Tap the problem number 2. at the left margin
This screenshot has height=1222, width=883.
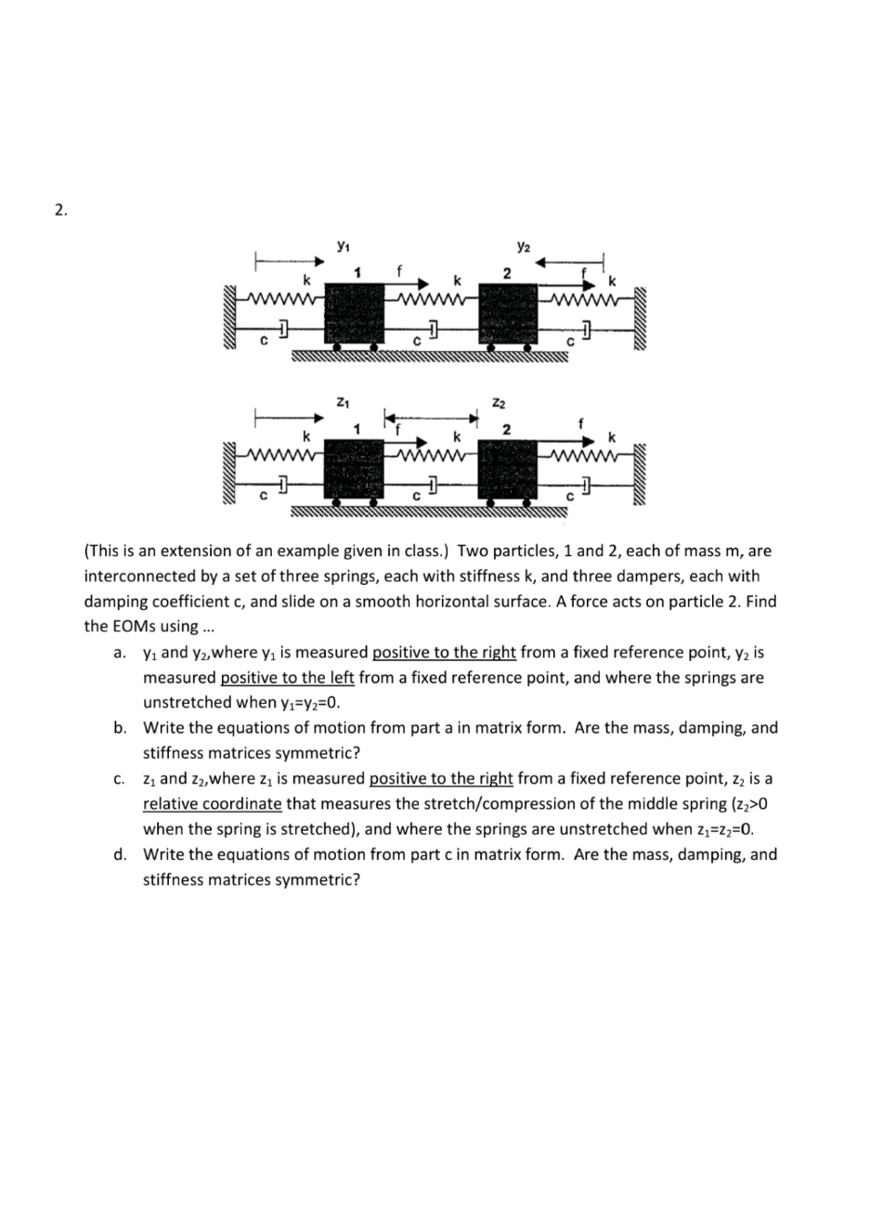coord(60,211)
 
